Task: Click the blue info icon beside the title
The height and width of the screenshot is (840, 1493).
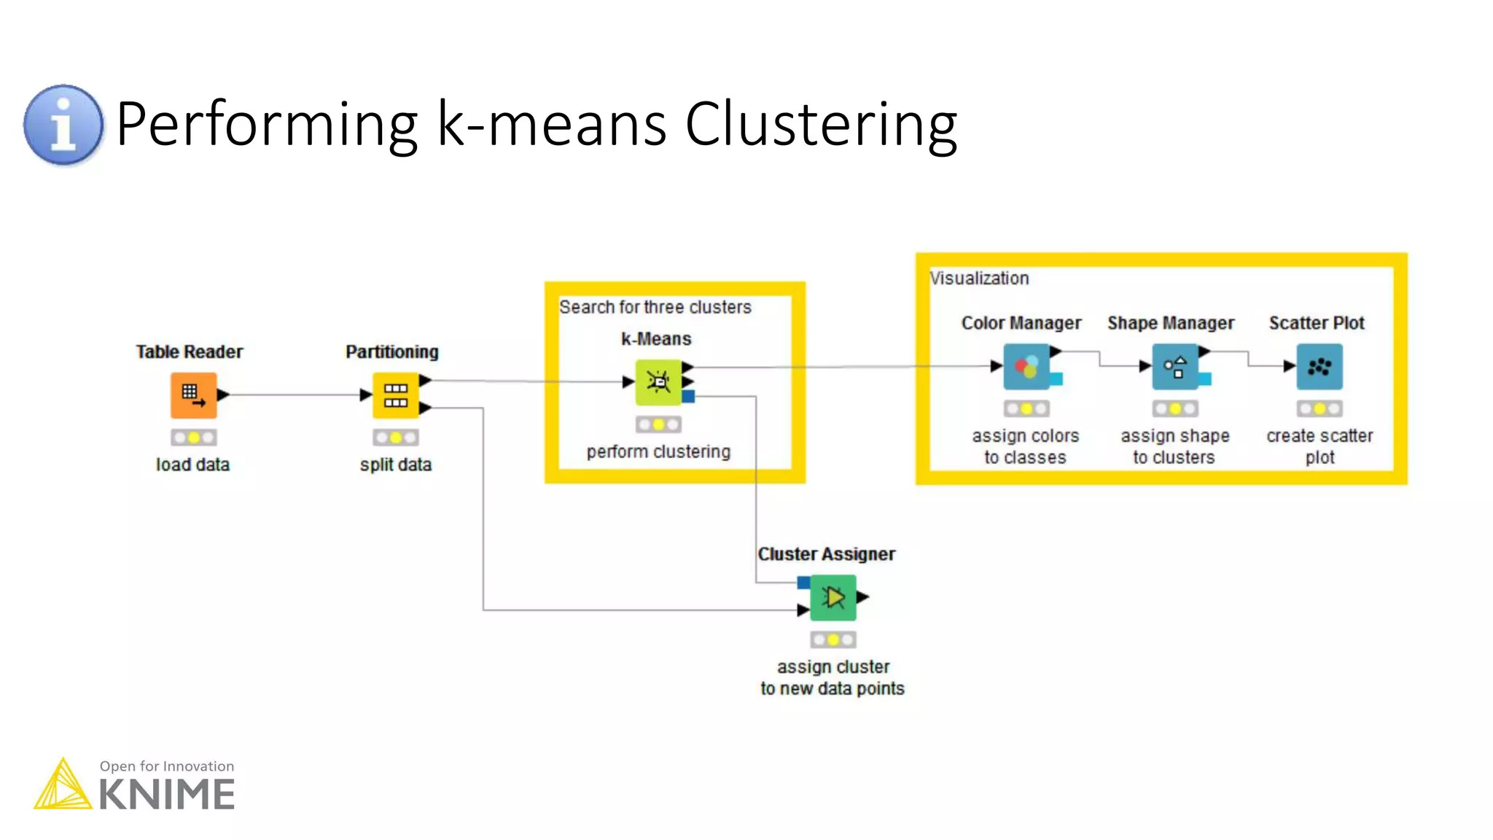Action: tap(63, 125)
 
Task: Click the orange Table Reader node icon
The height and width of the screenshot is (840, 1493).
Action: tap(193, 395)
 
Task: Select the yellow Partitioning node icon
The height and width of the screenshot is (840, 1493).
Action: tap(395, 395)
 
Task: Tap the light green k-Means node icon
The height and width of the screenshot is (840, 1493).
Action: tap(658, 382)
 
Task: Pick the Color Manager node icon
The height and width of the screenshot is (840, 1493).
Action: tap(1026, 367)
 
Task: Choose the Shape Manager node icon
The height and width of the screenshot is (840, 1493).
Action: tap(1174, 367)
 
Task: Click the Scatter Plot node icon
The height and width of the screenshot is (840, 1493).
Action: tap(1319, 367)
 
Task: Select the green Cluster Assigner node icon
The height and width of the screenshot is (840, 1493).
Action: tap(833, 598)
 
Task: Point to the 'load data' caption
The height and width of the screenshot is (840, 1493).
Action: tap(192, 464)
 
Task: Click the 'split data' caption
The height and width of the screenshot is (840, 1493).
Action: tap(395, 464)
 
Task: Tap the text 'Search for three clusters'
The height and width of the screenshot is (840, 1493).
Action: tap(655, 307)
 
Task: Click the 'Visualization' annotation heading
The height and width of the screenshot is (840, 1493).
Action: tap(979, 278)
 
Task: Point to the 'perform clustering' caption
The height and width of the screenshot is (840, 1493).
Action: tap(658, 451)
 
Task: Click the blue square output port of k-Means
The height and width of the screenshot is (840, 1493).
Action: tap(689, 397)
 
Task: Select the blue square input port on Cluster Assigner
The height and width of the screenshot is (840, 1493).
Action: tap(803, 583)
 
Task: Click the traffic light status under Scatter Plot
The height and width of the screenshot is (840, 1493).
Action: tap(1319, 409)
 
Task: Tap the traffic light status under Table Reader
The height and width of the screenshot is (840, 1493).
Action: tap(193, 437)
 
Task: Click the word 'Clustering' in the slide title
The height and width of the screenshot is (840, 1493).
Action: tap(821, 124)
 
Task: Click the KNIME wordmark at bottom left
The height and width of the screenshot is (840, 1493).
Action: tap(167, 795)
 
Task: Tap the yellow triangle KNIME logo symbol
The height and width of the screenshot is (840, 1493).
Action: tap(63, 785)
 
